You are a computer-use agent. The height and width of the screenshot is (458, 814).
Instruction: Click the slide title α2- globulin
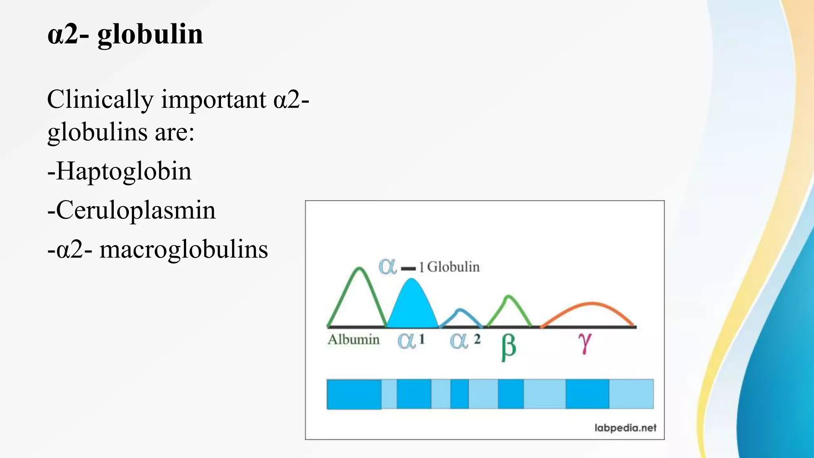click(x=125, y=35)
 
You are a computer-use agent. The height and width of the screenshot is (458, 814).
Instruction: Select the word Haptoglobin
click(x=124, y=172)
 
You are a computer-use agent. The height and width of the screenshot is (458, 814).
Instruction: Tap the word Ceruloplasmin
click(x=136, y=211)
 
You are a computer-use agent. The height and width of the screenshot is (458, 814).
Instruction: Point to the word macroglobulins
click(x=184, y=250)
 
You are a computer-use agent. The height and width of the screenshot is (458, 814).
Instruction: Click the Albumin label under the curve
click(x=353, y=340)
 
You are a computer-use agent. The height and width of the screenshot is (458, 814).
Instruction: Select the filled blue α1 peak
click(x=412, y=306)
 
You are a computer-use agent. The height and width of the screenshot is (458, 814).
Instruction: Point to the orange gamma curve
click(x=591, y=304)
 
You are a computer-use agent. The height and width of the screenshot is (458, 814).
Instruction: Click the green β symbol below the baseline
click(x=508, y=347)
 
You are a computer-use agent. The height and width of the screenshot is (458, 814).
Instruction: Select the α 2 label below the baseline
click(x=465, y=340)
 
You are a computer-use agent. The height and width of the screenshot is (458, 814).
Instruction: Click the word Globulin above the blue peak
click(x=453, y=267)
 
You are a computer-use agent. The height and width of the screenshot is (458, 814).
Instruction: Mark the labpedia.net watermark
click(x=625, y=428)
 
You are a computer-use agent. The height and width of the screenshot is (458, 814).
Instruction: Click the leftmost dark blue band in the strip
click(x=354, y=394)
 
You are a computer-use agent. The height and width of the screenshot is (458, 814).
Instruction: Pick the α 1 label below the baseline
click(x=411, y=340)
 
